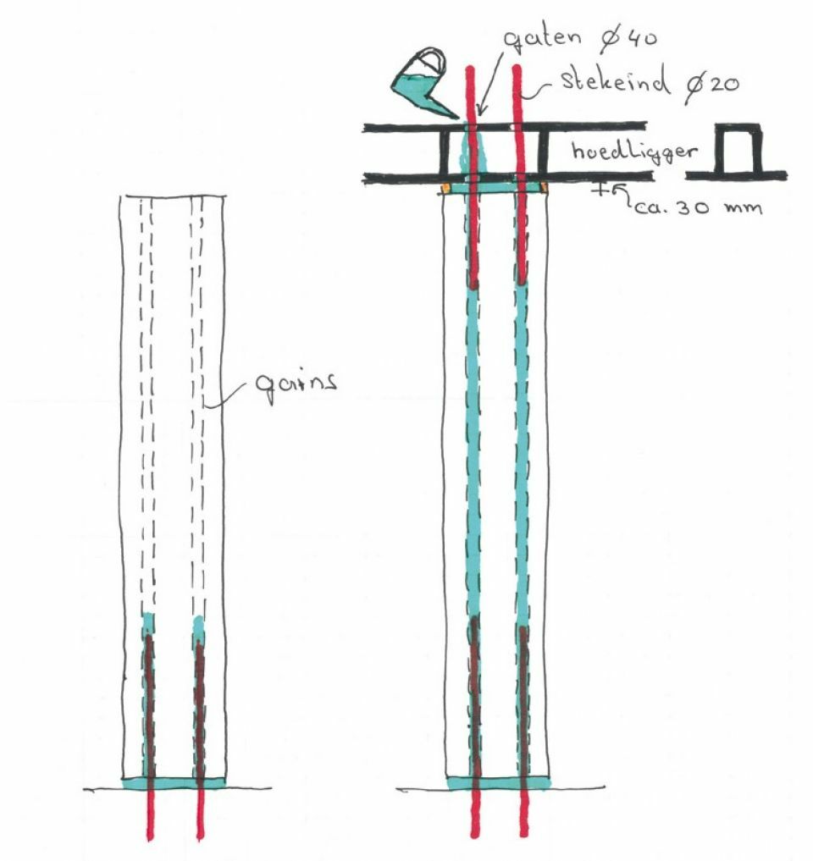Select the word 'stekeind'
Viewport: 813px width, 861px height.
pos(615,80)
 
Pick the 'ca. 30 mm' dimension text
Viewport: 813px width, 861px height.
pos(699,207)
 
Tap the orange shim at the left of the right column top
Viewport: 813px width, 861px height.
pos(445,188)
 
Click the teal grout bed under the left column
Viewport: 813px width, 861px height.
pos(174,782)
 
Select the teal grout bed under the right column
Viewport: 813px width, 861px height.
pos(498,782)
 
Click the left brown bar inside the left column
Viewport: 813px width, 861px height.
pos(149,705)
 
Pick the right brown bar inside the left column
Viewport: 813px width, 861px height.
pos(199,709)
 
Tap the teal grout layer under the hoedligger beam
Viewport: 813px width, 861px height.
pos(495,188)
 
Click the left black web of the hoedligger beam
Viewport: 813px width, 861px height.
pos(444,152)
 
